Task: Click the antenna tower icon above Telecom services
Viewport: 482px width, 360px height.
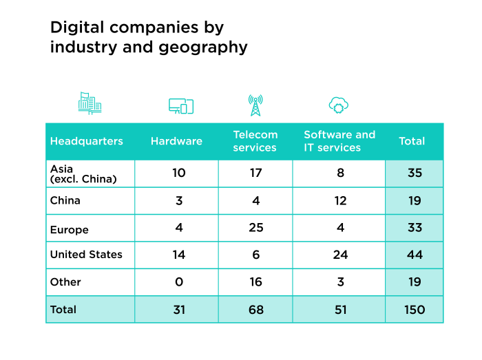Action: click(255, 105)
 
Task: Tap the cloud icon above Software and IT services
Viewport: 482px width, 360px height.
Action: click(338, 105)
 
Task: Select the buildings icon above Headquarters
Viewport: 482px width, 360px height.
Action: click(90, 103)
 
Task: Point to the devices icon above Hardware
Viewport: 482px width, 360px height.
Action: click(181, 105)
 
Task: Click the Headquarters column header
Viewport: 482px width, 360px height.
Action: click(86, 141)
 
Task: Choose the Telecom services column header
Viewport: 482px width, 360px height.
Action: click(255, 141)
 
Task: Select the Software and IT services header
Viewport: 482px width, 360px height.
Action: click(339, 141)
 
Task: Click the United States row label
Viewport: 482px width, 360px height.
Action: click(86, 255)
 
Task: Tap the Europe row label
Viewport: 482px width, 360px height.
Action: click(70, 229)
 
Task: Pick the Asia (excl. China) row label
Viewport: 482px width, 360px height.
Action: click(83, 173)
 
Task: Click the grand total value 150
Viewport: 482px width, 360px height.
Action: click(415, 310)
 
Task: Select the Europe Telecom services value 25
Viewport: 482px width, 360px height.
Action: click(255, 228)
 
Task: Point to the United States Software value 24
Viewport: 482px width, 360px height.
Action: click(339, 255)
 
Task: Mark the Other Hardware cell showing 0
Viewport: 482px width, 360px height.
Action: click(178, 282)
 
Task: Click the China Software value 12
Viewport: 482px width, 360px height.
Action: click(339, 200)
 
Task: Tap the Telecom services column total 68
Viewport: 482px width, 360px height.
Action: click(255, 310)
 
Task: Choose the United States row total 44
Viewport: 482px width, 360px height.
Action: click(415, 255)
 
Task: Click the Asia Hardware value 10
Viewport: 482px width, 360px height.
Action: click(178, 173)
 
